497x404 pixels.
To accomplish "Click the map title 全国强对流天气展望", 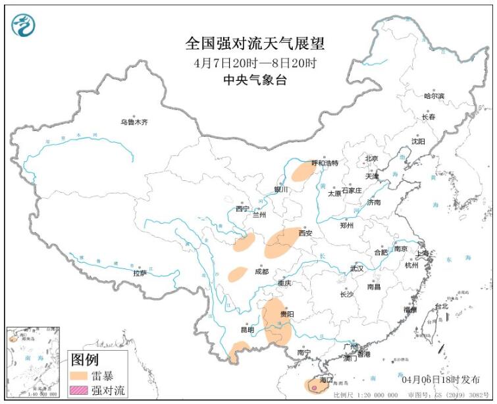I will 255,44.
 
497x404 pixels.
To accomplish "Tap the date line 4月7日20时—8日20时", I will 255,64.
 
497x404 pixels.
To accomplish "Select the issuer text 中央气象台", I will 255,80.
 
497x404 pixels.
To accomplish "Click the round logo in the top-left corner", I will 24,24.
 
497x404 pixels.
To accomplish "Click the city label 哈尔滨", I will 434,96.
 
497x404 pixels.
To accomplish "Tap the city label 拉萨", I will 140,273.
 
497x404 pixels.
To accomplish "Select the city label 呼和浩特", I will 324,163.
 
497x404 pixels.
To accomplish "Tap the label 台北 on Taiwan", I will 441,306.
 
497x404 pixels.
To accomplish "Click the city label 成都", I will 261,270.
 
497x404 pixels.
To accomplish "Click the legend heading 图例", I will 84,360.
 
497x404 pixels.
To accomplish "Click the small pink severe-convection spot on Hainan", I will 315,388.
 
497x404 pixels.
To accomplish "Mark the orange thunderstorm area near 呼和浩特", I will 303,172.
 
